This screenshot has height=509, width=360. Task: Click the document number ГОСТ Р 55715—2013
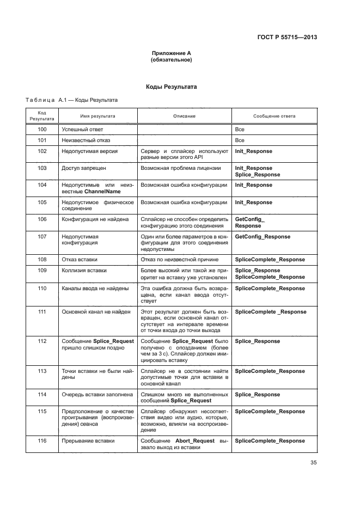(287, 37)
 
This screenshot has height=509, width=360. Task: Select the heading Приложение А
(171, 53)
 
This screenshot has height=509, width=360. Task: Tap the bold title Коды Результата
(171, 87)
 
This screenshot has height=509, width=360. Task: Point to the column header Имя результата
(97, 116)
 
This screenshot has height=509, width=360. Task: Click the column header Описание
(184, 116)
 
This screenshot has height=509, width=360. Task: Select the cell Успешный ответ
(82, 130)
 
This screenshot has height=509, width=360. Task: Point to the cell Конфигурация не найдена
(95, 219)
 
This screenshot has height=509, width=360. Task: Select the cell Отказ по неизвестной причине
(179, 260)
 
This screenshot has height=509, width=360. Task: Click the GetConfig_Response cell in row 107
(262, 237)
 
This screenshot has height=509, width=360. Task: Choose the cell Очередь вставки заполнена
(95, 394)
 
